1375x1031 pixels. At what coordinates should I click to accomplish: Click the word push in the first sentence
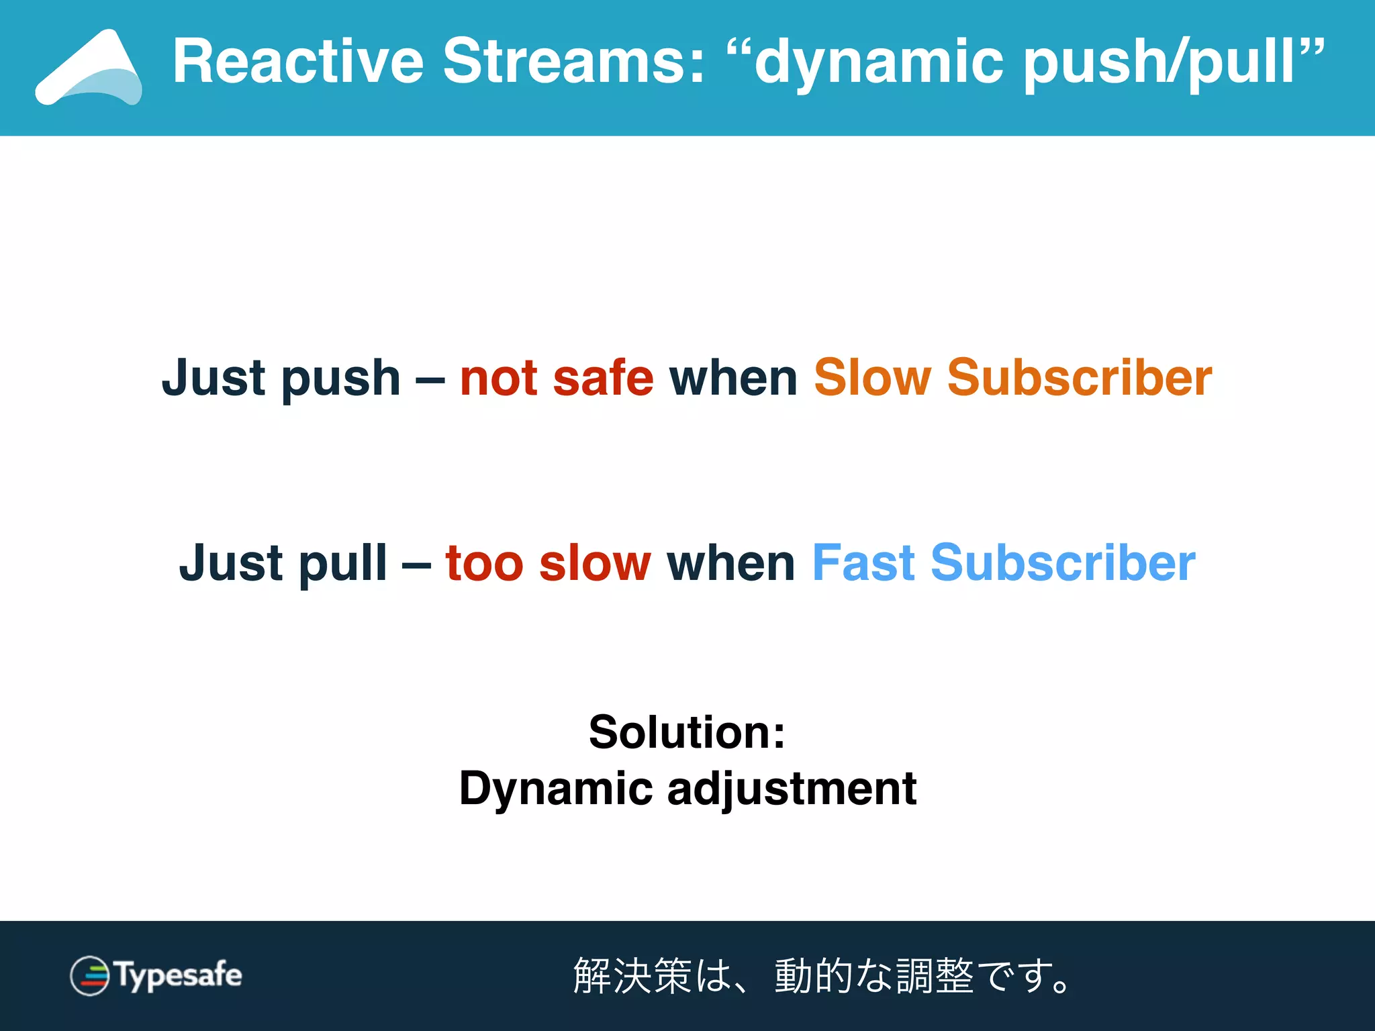pyautogui.click(x=340, y=379)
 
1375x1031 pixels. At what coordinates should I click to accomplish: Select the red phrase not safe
pyautogui.click(x=557, y=378)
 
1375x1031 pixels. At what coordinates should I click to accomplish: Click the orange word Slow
pyautogui.click(x=872, y=378)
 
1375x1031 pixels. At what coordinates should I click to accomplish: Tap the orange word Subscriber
pyautogui.click(x=1080, y=378)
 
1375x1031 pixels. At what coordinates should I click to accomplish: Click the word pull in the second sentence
pyautogui.click(x=343, y=564)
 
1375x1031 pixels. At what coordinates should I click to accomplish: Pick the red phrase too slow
pyautogui.click(x=548, y=564)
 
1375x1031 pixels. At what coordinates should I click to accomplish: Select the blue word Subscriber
pyautogui.click(x=1063, y=564)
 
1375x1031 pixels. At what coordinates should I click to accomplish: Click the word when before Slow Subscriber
pyautogui.click(x=733, y=378)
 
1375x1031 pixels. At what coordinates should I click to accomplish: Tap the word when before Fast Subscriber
pyautogui.click(x=730, y=564)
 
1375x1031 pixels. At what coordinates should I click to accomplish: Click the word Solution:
pyautogui.click(x=687, y=732)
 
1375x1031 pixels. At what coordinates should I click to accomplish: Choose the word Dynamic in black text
pyautogui.click(x=556, y=789)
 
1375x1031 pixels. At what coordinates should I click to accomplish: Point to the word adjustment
pyautogui.click(x=792, y=789)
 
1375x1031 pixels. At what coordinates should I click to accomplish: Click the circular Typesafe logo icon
pyautogui.click(x=90, y=975)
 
